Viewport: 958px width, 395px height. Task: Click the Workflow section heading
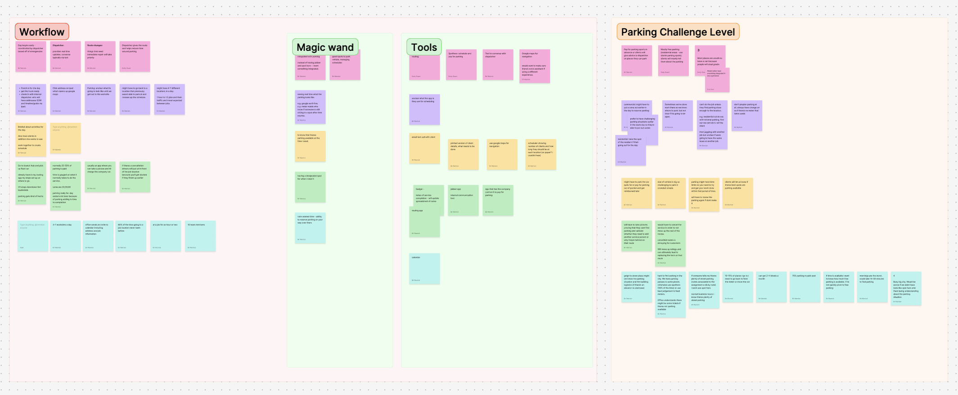point(42,32)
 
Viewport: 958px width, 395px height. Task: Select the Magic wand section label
point(325,47)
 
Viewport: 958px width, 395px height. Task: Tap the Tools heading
point(424,47)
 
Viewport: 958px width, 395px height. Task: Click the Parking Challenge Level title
point(678,32)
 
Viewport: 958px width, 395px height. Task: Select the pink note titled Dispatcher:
point(65,57)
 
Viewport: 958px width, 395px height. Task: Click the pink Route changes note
point(100,57)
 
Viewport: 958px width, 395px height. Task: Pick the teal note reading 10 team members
point(200,236)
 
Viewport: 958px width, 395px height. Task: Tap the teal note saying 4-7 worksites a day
point(65,236)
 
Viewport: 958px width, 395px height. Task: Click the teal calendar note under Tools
point(425,269)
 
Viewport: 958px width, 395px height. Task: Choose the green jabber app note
point(463,200)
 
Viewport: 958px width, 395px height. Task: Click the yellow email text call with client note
point(425,148)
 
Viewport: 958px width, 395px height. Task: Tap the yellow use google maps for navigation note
point(502,154)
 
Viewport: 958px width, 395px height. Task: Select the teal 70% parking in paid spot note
point(805,287)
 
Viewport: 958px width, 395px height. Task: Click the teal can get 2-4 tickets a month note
point(771,287)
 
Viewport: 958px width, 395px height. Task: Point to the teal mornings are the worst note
point(872,287)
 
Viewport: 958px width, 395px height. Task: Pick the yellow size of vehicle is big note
point(670,193)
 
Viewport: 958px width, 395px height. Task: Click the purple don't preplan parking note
point(747,116)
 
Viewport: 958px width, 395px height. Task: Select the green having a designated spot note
point(310,187)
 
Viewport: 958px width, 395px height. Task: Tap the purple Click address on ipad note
point(65,99)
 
